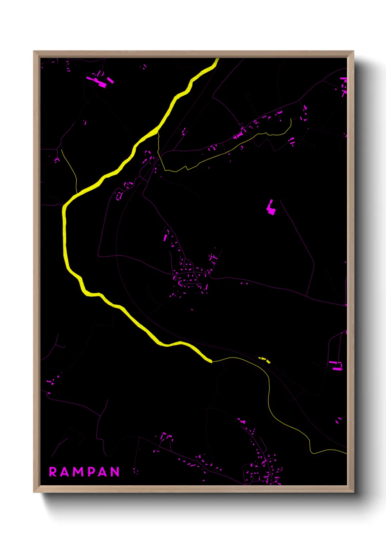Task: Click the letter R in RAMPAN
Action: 53,472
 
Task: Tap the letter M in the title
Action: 78,472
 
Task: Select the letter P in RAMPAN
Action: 91,472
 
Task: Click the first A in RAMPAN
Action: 65,472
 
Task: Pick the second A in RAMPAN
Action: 103,472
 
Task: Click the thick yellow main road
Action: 65,234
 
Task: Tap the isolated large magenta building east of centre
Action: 271,208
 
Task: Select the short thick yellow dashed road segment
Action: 265,360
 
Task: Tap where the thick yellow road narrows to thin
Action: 212,361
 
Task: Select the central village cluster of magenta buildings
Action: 190,277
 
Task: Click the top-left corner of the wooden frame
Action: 34,51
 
